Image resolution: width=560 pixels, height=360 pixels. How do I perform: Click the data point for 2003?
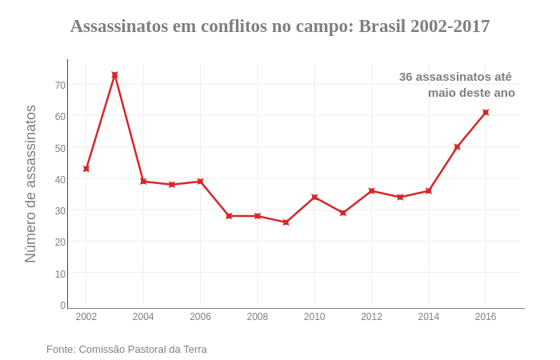[x=114, y=74]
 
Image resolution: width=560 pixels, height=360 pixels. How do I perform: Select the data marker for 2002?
[x=86, y=169]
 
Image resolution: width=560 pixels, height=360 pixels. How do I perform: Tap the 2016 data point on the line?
[x=486, y=112]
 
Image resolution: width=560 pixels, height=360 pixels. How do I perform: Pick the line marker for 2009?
[x=286, y=222]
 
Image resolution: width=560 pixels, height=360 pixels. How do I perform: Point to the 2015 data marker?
[x=457, y=147]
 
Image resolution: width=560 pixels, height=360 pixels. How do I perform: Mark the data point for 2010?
[x=314, y=197]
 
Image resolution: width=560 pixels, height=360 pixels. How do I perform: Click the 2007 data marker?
[x=229, y=216]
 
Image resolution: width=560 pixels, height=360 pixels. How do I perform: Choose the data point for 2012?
[x=371, y=190]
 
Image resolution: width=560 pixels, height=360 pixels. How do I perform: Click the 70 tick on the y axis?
[x=60, y=86]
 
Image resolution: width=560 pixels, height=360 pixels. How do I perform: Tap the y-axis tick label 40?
[x=60, y=180]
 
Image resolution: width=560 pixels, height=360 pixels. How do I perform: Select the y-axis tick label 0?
[x=62, y=306]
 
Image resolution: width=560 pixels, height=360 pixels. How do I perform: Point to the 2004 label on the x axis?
[x=143, y=317]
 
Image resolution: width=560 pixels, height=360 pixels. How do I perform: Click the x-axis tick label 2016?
[x=486, y=317]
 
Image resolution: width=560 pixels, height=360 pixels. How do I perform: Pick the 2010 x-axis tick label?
[x=314, y=317]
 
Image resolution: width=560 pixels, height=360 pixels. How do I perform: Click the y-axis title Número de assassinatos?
[x=30, y=184]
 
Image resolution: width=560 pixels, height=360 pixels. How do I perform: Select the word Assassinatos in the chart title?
[x=118, y=26]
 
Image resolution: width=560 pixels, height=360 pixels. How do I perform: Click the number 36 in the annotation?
[x=406, y=77]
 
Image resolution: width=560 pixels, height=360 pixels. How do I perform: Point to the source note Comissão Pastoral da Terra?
[x=142, y=350]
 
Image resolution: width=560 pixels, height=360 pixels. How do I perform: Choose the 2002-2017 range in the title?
[x=450, y=26]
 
